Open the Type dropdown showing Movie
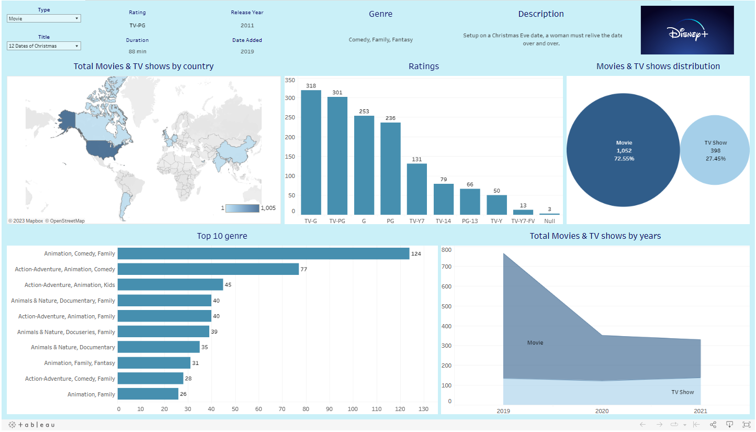[44, 18]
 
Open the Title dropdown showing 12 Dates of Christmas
[44, 46]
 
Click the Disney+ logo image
[687, 30]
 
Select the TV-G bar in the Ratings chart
[311, 152]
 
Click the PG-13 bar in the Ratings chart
[470, 202]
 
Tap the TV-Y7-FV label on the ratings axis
[523, 221]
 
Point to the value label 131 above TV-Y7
[417, 160]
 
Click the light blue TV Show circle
[715, 150]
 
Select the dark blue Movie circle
[623, 150]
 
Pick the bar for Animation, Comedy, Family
[263, 253]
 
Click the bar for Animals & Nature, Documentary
[159, 347]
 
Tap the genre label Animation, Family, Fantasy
[80, 363]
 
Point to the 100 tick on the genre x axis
[353, 409]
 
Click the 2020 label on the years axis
[602, 411]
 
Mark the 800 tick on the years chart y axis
[446, 250]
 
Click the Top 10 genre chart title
[222, 236]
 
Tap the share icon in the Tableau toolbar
[713, 425]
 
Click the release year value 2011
[247, 25]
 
